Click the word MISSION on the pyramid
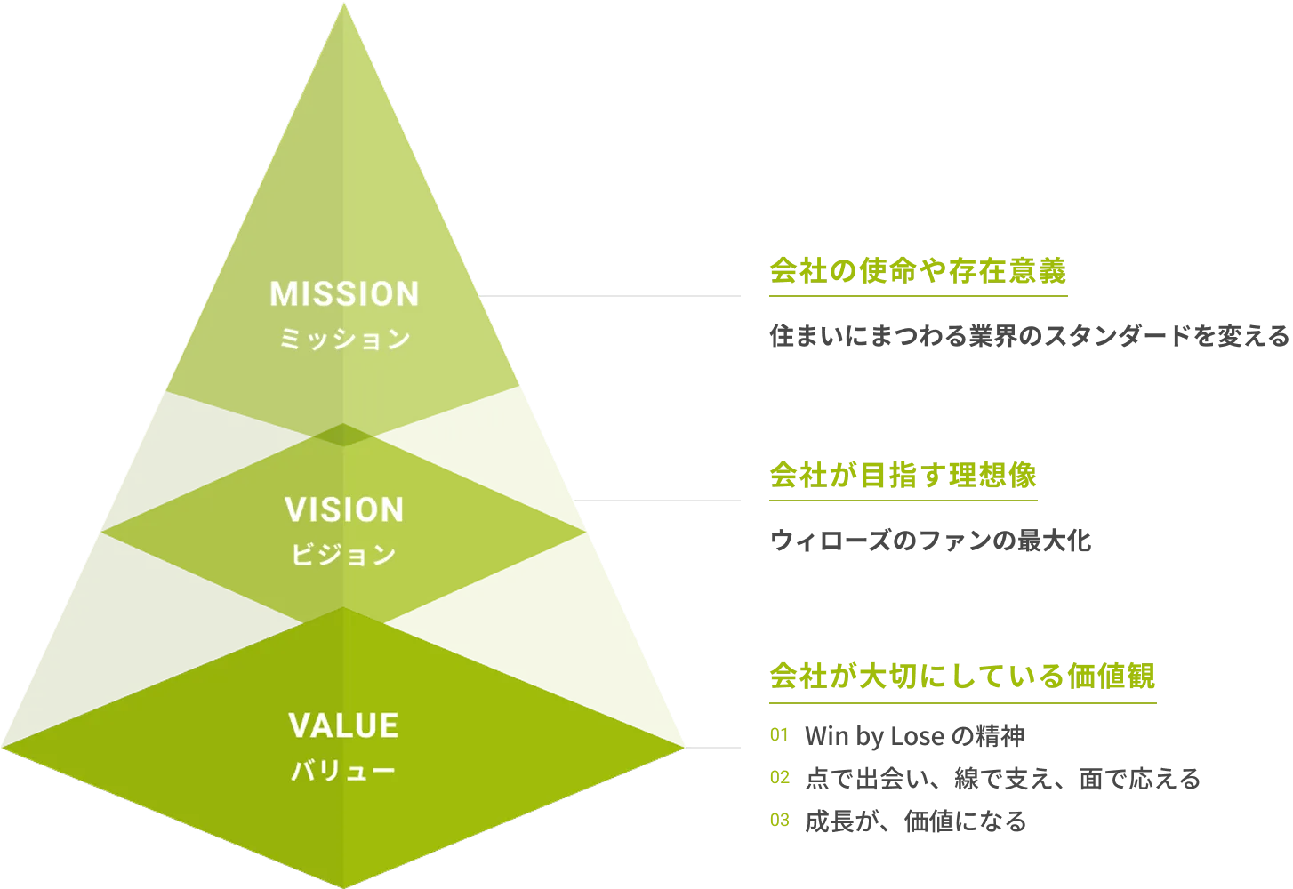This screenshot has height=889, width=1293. pyautogui.click(x=344, y=294)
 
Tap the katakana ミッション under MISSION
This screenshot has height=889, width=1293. pyautogui.click(x=344, y=340)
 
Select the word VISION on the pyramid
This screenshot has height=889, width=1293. pyautogui.click(x=344, y=510)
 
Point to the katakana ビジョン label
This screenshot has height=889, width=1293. pyautogui.click(x=344, y=556)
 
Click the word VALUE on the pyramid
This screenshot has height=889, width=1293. pyautogui.click(x=344, y=726)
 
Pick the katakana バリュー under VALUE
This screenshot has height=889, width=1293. pyautogui.click(x=344, y=771)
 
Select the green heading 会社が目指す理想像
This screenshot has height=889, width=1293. pyautogui.click(x=902, y=477)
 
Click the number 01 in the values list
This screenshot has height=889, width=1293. pyautogui.click(x=779, y=736)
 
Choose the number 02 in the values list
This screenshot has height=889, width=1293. pyautogui.click(x=779, y=778)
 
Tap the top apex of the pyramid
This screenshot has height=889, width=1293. pyautogui.click(x=343, y=5)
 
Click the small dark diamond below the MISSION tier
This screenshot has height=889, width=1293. pyautogui.click(x=342, y=435)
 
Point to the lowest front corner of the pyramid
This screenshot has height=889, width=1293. pyautogui.click(x=343, y=884)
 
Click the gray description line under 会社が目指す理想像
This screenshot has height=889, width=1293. pyautogui.click(x=929, y=541)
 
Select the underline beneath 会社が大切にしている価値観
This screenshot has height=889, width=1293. pyautogui.click(x=962, y=702)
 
